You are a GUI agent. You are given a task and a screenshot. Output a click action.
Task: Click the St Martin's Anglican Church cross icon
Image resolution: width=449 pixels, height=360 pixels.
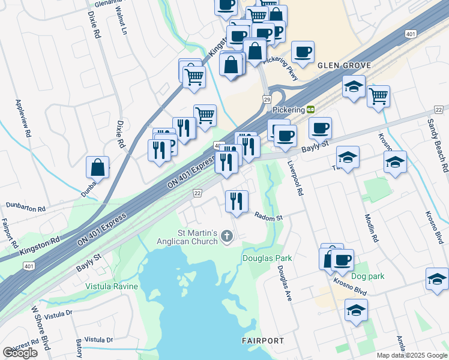227,236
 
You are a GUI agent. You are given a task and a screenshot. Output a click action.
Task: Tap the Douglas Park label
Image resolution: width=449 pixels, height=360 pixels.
267,259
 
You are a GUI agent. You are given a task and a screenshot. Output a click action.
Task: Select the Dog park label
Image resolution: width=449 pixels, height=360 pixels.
368,276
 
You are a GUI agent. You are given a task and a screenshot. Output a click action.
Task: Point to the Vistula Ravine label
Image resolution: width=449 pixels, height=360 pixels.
111,286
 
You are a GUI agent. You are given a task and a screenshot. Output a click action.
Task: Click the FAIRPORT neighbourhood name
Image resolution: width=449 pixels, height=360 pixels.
263,341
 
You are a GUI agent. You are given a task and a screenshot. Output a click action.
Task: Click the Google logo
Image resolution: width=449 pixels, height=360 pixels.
20,353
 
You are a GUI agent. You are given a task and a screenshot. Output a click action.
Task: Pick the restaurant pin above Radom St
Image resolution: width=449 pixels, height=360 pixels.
237,202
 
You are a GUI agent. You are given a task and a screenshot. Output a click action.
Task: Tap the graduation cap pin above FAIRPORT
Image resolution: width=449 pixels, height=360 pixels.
356,311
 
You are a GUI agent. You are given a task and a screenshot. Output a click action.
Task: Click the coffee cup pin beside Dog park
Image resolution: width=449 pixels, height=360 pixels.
342,260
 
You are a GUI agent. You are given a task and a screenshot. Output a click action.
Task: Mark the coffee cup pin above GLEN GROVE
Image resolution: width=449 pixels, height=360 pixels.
303,52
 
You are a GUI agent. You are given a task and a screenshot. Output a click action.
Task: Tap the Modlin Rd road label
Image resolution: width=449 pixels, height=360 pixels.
370,229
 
